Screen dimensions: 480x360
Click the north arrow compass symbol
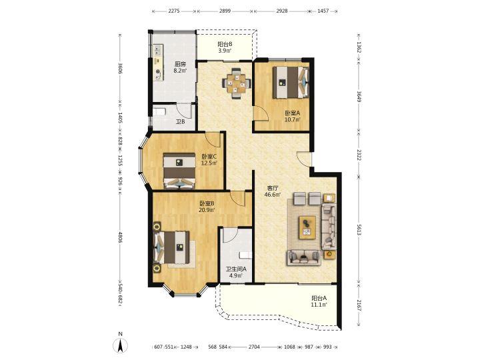pyautogui.click(x=121, y=345)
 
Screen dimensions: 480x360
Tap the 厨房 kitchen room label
pyautogui.click(x=180, y=67)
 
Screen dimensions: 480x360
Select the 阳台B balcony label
pyautogui.click(x=225, y=47)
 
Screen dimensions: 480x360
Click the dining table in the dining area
pyautogui.click(x=236, y=83)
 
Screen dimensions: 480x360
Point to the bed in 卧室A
pyautogui.click(x=291, y=83)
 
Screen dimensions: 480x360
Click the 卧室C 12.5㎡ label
pyautogui.click(x=209, y=159)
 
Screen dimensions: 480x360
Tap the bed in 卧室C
pyautogui.click(x=179, y=171)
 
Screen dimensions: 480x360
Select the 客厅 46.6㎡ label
pyautogui.click(x=273, y=191)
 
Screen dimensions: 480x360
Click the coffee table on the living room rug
pyautogui.click(x=307, y=227)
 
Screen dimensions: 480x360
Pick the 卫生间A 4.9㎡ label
pyautogui.click(x=236, y=272)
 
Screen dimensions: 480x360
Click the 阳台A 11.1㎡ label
pyautogui.click(x=319, y=301)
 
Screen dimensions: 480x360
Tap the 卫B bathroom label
pyautogui.click(x=180, y=121)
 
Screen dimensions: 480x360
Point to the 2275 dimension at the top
pyautogui.click(x=174, y=11)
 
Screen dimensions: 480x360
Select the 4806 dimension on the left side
pyautogui.click(x=120, y=237)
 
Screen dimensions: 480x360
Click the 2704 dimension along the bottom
pyautogui.click(x=254, y=347)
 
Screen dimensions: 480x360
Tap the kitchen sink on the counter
pyautogui.click(x=158, y=49)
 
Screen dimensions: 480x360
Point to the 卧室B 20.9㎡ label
pyautogui.click(x=207, y=206)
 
